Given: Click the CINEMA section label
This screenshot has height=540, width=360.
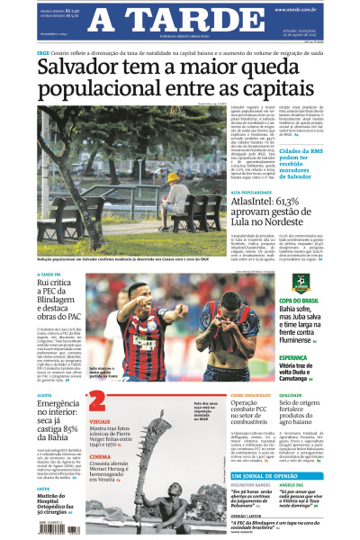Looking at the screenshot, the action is (102, 456).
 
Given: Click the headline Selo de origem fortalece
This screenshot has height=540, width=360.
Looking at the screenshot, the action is (319, 416).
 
